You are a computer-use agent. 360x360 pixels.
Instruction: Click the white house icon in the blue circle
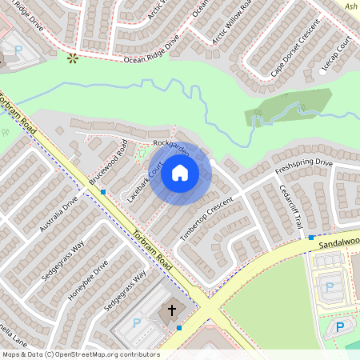click(x=180, y=173)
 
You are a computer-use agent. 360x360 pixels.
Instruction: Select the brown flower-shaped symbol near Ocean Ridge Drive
click(x=73, y=58)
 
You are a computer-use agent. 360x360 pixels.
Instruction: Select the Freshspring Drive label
click(x=303, y=166)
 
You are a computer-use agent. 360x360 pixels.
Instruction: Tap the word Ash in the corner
click(x=350, y=6)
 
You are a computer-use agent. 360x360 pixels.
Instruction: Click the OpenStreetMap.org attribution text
click(x=107, y=354)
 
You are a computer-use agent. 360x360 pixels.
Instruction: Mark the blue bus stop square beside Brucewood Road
click(x=103, y=192)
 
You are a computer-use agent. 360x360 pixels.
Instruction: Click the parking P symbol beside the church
click(x=136, y=322)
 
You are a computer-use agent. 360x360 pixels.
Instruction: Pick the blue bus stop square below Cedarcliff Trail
click(x=311, y=238)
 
